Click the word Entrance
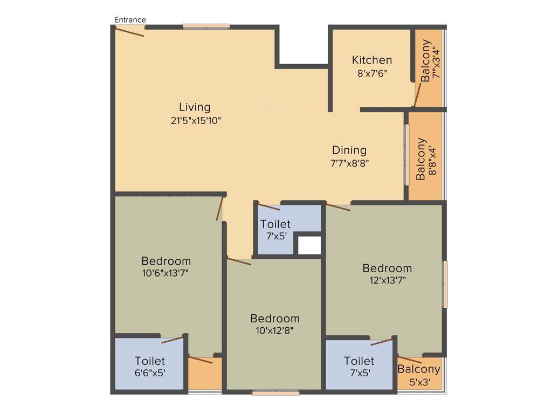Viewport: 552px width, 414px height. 130,20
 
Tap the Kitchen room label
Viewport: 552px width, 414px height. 372,60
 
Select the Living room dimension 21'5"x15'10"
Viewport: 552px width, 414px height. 196,120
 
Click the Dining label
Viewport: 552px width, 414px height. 349,150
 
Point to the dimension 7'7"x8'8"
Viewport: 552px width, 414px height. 349,162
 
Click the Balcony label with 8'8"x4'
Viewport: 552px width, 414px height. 421,159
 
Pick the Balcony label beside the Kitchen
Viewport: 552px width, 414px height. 426,60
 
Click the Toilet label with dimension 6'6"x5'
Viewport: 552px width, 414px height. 150,361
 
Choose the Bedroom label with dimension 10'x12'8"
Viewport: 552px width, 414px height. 274,318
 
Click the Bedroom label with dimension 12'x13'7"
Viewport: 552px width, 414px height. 387,268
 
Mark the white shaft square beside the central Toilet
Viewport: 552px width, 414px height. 309,245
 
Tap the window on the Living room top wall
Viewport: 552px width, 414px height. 206,26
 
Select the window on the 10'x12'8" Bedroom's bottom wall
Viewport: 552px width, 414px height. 275,393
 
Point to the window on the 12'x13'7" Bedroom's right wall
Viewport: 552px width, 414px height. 445,284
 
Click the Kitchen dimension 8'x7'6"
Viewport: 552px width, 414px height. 372,73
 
